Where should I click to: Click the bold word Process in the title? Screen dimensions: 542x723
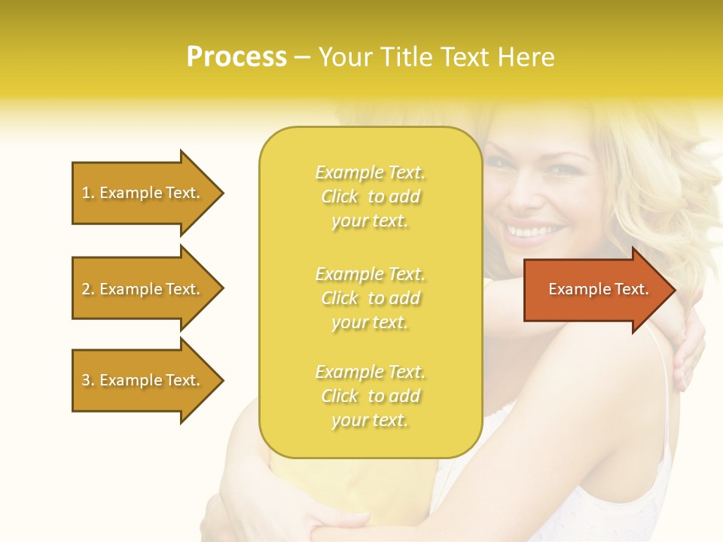(236, 57)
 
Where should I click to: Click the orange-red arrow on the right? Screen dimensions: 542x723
(595, 289)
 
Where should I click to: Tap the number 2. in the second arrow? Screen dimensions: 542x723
(88, 289)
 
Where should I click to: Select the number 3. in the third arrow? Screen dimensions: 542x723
(88, 380)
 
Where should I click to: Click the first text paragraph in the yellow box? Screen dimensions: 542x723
(370, 196)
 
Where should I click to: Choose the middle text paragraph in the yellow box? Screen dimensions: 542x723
(370, 298)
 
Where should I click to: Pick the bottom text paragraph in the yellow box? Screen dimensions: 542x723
(370, 396)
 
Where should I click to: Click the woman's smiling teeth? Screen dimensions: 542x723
(535, 230)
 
